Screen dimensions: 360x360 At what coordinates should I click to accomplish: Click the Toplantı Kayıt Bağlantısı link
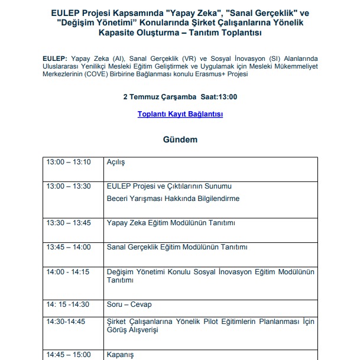point(180,115)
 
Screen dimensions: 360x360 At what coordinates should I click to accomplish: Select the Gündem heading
point(180,140)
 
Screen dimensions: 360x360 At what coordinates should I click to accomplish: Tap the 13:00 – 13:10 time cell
point(69,162)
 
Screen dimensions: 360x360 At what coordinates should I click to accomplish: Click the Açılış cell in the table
point(116,162)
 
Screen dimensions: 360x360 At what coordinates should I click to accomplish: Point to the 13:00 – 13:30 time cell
point(69,186)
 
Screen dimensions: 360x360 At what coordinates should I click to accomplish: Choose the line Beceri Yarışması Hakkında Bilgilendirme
point(173,199)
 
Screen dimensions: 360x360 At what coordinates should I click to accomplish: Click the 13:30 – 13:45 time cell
point(69,223)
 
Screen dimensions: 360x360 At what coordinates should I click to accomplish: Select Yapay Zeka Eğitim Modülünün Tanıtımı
point(171,223)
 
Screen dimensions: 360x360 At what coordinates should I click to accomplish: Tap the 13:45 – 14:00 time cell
point(69,247)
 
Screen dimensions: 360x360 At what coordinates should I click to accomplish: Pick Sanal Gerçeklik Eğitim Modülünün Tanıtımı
point(177,247)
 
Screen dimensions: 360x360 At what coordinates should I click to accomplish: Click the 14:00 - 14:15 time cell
point(68,272)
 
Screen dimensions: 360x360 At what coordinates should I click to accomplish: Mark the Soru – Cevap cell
point(129,304)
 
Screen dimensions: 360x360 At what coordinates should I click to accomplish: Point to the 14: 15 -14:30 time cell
point(68,304)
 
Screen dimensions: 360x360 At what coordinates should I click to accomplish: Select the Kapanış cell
point(120,355)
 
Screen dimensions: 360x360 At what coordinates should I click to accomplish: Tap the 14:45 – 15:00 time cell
point(69,355)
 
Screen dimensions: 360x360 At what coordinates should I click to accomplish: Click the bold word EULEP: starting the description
point(55,59)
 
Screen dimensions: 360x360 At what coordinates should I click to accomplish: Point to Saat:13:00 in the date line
point(218,96)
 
